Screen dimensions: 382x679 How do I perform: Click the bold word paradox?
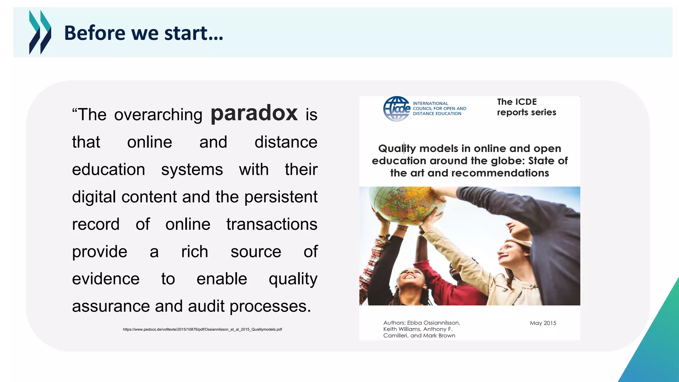pyautogui.click(x=254, y=114)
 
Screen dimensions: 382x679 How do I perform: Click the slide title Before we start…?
pyautogui.click(x=144, y=33)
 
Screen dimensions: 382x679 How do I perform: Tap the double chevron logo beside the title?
pyautogui.click(x=40, y=32)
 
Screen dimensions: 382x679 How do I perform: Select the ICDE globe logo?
pyautogui.click(x=397, y=109)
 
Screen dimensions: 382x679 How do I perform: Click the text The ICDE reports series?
pyautogui.click(x=526, y=107)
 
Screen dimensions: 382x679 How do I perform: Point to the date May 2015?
pyautogui.click(x=543, y=323)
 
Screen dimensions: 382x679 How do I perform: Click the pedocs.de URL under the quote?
pyautogui.click(x=202, y=329)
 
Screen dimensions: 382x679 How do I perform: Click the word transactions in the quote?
pyautogui.click(x=272, y=224)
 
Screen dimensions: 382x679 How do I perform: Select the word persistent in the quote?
pyautogui.click(x=280, y=197)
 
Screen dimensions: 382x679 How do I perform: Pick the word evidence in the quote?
pyautogui.click(x=106, y=279)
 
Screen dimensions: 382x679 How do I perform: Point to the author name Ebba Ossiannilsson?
pyautogui.click(x=433, y=323)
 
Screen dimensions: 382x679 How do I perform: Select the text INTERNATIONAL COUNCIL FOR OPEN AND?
pyautogui.click(x=439, y=106)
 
